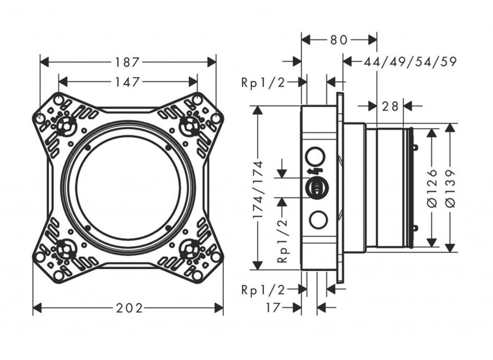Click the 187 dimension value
pyautogui.click(x=128, y=62)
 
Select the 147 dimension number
pyautogui.click(x=128, y=81)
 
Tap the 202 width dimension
pyautogui.click(x=129, y=308)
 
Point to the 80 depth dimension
pyautogui.click(x=339, y=40)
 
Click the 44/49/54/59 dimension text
pyautogui.click(x=410, y=62)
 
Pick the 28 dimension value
pyautogui.click(x=390, y=106)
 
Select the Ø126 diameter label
pyautogui.click(x=432, y=188)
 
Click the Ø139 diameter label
pyautogui.click(x=451, y=188)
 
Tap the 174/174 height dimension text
pyautogui.click(x=259, y=190)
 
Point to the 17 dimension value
pyautogui.click(x=273, y=308)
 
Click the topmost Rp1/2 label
pyautogui.click(x=263, y=82)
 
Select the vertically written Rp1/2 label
pyautogui.click(x=282, y=239)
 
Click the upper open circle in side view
pyautogui.click(x=315, y=157)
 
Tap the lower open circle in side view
pyautogui.click(x=317, y=219)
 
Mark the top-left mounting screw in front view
pyautogui.click(x=65, y=126)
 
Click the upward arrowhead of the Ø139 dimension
pyautogui.click(x=450, y=127)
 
